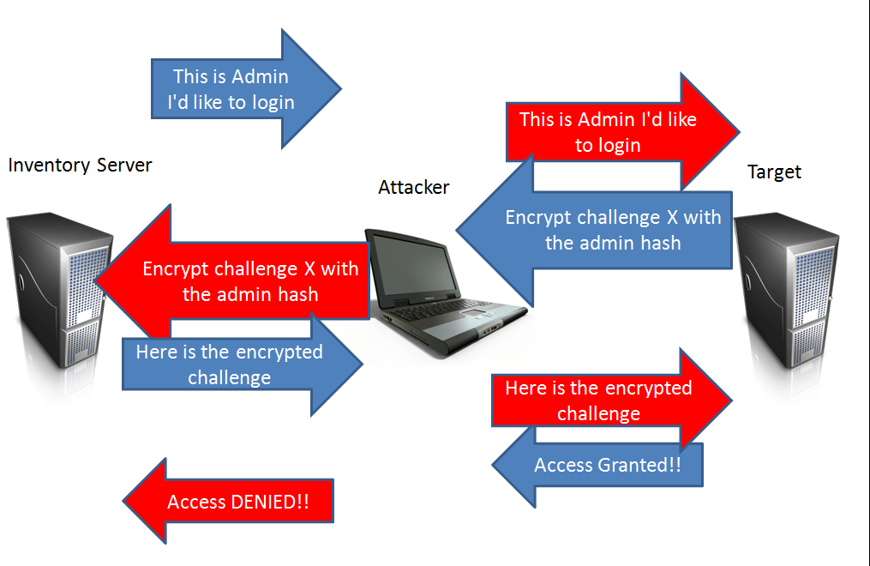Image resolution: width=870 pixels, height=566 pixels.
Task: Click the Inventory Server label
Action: [80, 165]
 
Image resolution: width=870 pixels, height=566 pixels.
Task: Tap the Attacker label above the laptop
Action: [413, 187]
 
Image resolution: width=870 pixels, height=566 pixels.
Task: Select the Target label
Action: [774, 172]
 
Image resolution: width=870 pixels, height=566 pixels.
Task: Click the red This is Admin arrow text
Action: [608, 132]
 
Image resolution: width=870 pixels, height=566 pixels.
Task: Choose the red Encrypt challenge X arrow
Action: [249, 281]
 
